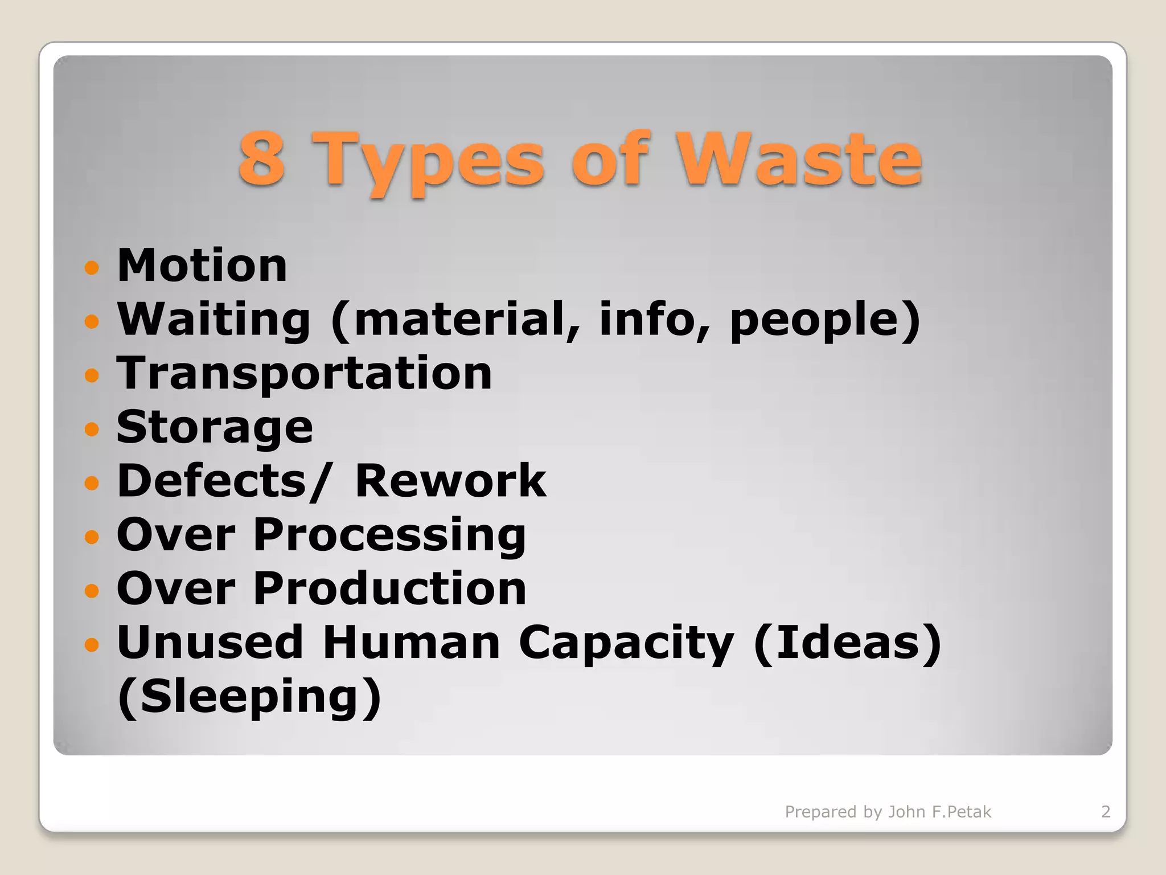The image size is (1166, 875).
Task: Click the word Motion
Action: (x=202, y=265)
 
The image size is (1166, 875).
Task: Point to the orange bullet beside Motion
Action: (x=92, y=267)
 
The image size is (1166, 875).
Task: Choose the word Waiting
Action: (x=214, y=320)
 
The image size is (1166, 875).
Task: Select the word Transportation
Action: (x=304, y=374)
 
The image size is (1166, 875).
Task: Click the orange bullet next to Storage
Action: (x=92, y=428)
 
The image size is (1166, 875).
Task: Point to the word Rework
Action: (x=450, y=481)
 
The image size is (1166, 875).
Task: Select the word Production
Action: (x=389, y=588)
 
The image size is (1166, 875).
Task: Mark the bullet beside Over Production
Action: (x=92, y=590)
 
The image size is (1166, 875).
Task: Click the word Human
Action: (x=411, y=643)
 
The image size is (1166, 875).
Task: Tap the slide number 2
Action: (x=1105, y=811)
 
